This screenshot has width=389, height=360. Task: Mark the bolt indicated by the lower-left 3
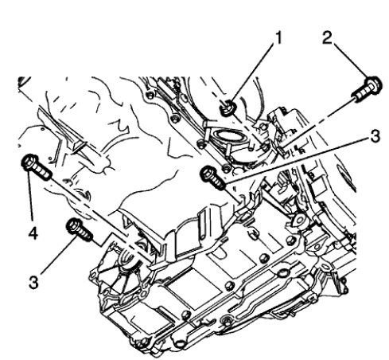coord(80,229)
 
